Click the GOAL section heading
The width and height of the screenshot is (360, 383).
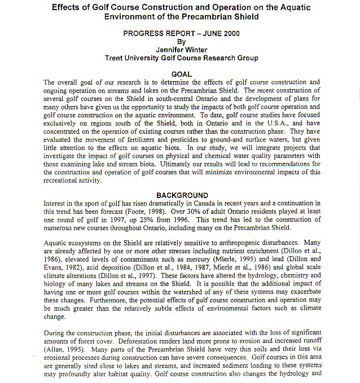pyautogui.click(x=181, y=74)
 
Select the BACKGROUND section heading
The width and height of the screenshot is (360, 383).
pyautogui.click(x=182, y=196)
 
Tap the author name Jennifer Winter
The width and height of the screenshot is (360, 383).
pyautogui.click(x=181, y=50)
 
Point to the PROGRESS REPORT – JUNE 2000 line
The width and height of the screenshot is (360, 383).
pyautogui.click(x=181, y=33)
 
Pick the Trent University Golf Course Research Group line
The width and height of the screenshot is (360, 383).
pyautogui.click(x=181, y=58)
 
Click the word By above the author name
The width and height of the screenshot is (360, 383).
pyautogui.click(x=181, y=41)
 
